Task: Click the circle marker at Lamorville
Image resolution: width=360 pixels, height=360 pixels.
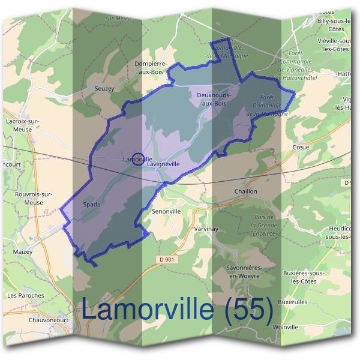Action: point(137,159)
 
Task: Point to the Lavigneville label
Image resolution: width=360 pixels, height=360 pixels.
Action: point(164,163)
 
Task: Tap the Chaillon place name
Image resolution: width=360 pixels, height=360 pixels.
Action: point(245,191)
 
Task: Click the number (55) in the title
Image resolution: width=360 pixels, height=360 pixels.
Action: point(248,310)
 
